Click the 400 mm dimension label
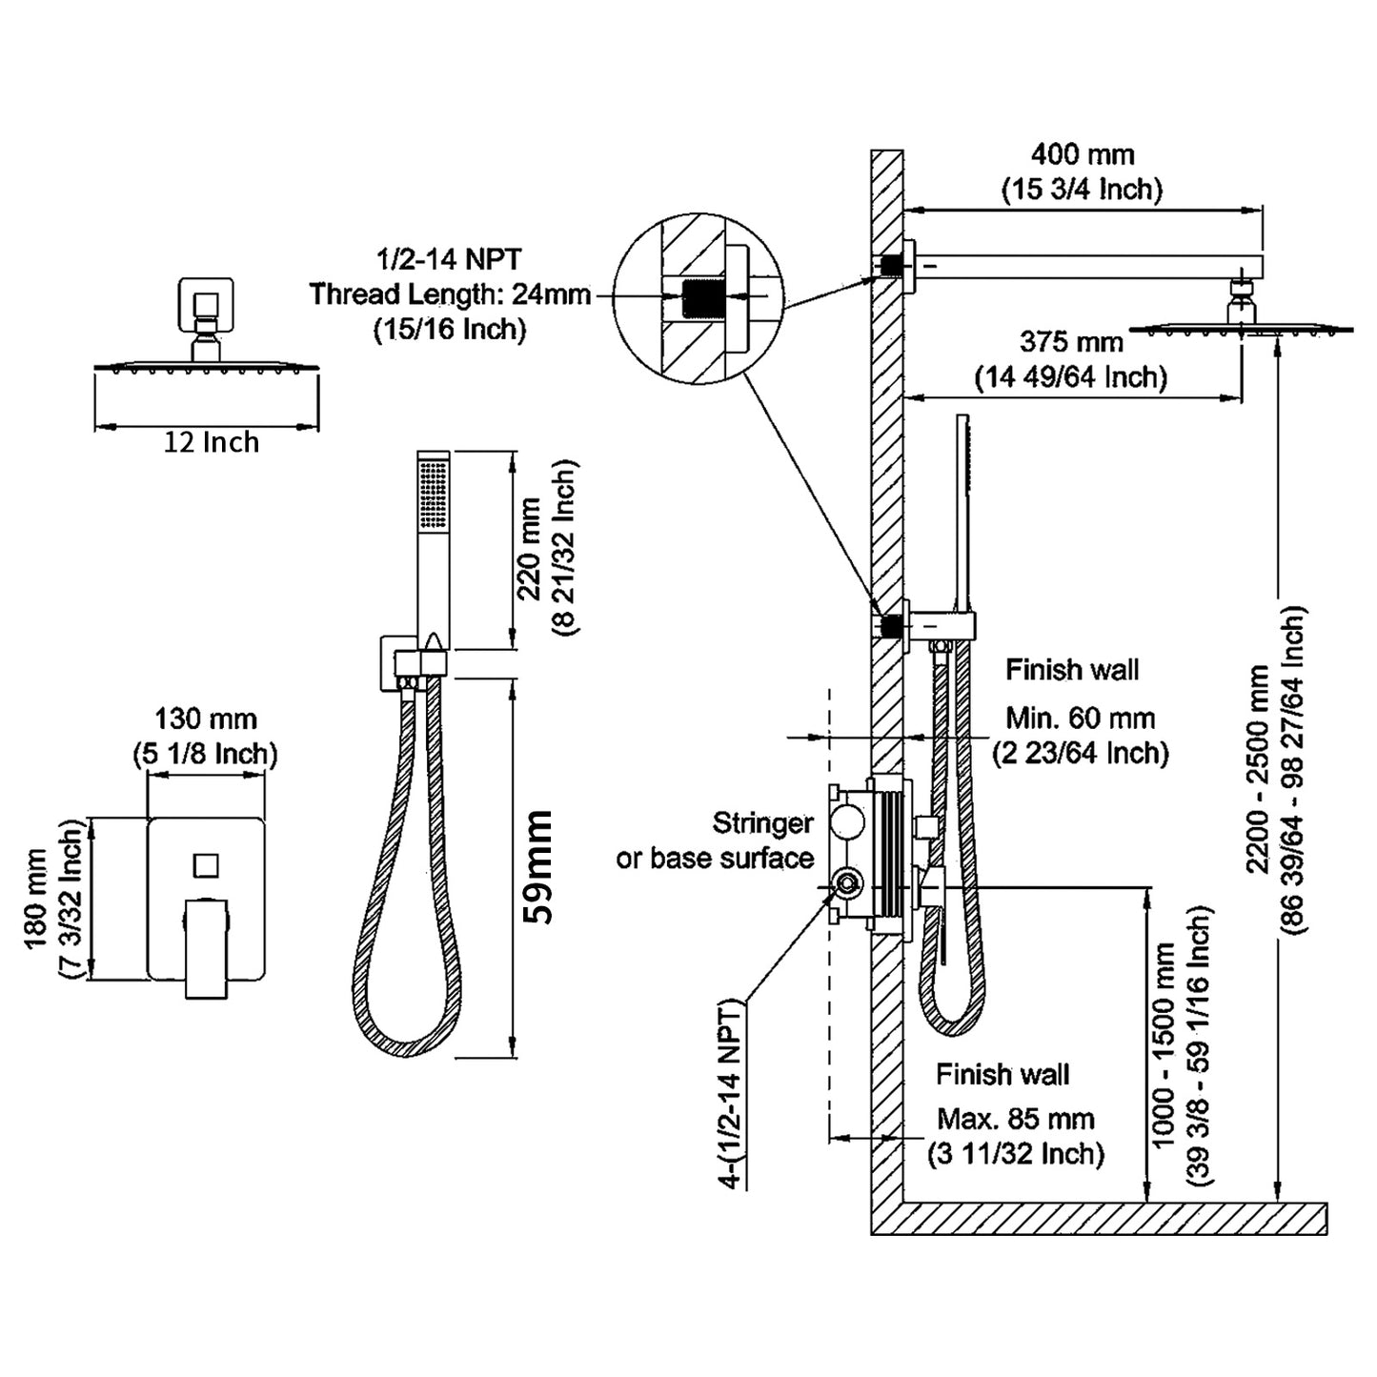pos(1082,154)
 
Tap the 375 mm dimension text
pos(1070,341)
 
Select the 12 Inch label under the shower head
pos(211,443)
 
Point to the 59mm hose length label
pos(538,866)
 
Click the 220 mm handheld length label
pos(530,549)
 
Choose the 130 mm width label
pos(206,719)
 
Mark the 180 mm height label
pos(36,899)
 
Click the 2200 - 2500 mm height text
pos(1258,768)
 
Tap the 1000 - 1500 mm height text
pos(1164,1046)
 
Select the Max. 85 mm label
pos(1016,1119)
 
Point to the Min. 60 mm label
pos(1081,719)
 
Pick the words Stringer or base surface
pos(716,840)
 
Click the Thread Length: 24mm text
pos(450,294)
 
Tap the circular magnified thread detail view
pos(698,297)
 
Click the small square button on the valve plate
pos(206,865)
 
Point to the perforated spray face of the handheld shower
pos(435,494)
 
